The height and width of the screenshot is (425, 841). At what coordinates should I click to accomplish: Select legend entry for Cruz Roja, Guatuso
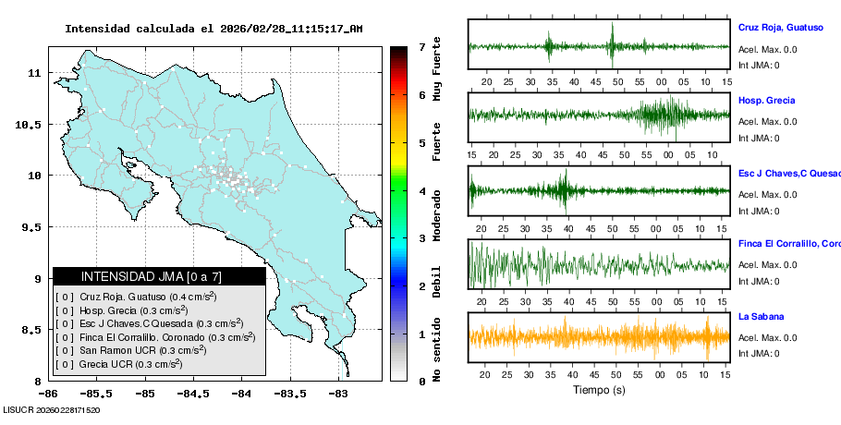(x=148, y=297)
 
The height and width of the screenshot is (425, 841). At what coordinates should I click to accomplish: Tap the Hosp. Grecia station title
(x=767, y=100)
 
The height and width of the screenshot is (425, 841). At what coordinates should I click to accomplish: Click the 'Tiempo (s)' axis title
(x=599, y=390)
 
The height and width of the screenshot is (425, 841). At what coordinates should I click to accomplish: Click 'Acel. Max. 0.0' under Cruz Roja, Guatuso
(x=768, y=49)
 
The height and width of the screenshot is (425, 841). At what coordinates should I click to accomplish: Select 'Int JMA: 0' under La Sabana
(x=759, y=353)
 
